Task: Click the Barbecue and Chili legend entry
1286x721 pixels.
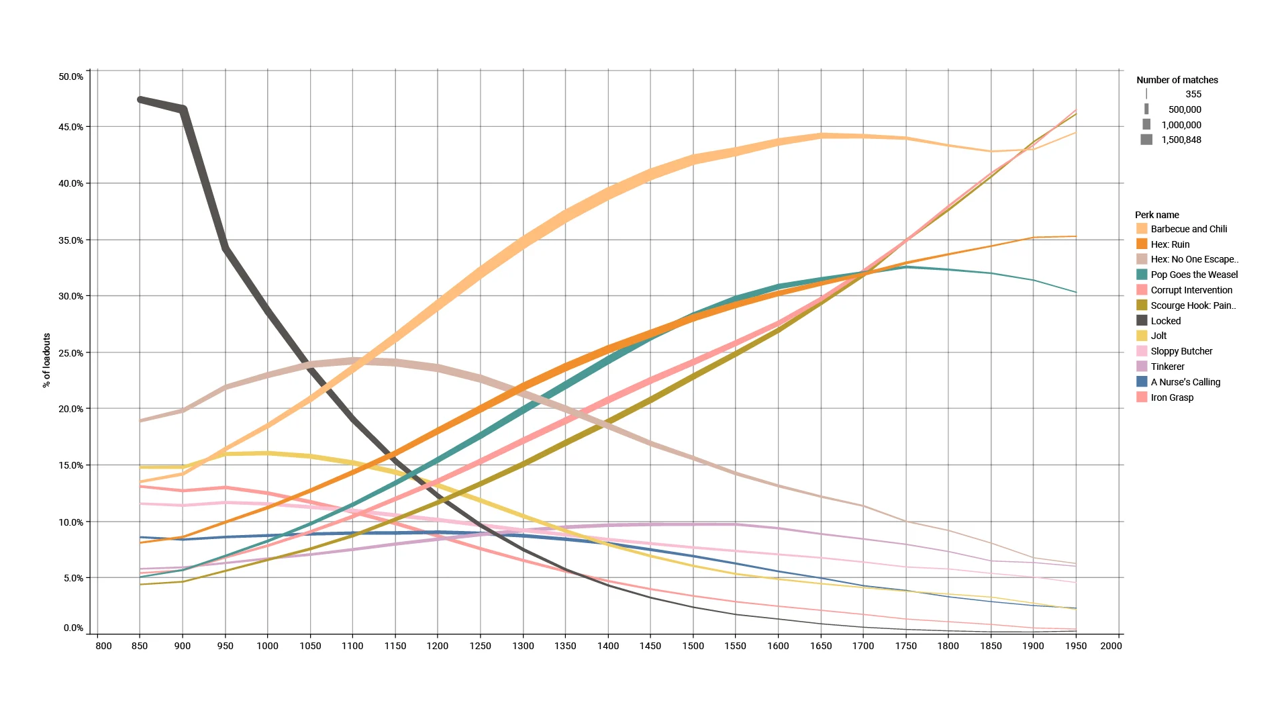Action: coord(1188,229)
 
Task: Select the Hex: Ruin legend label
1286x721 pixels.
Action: coord(1170,244)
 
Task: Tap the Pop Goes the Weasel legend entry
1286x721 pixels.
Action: coord(1193,275)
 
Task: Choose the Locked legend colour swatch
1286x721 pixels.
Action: coord(1142,321)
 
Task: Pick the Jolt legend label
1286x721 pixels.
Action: coord(1158,336)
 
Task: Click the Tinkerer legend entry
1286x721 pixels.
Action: coord(1167,367)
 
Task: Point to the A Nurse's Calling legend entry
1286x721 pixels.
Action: coord(1185,382)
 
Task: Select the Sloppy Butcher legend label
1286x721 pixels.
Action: coord(1181,351)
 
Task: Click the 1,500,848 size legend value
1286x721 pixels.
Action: coord(1181,140)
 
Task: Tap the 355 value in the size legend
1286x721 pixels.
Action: coord(1193,94)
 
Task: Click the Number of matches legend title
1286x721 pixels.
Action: coord(1177,80)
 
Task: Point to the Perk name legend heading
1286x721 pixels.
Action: coord(1156,215)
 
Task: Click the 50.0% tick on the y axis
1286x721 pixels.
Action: coord(71,77)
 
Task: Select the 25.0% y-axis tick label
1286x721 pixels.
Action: coord(71,353)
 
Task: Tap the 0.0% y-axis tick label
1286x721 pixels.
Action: coord(73,628)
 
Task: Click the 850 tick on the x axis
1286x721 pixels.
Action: coord(140,646)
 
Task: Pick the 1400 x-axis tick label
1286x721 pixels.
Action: coord(607,646)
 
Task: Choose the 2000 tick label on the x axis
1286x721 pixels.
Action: coord(1111,646)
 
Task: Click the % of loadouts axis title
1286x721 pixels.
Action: coord(46,360)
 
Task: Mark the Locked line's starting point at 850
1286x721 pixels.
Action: coord(140,99)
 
